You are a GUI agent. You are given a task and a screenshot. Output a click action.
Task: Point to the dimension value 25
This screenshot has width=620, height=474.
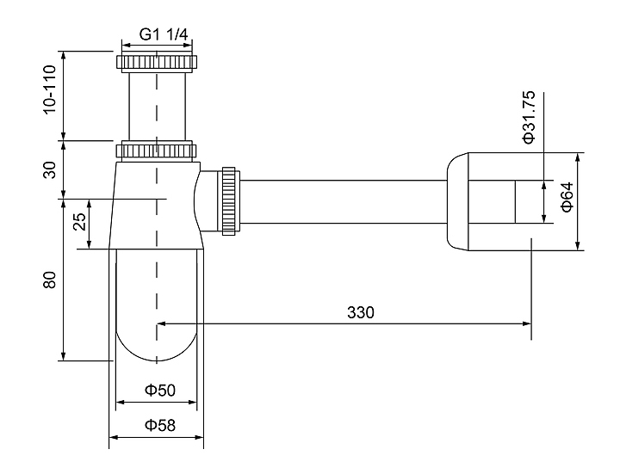[79, 223]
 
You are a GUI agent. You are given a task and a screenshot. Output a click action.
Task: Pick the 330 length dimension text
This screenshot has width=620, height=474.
[361, 311]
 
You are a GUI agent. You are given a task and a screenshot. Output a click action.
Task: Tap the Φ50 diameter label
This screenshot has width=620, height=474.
[159, 391]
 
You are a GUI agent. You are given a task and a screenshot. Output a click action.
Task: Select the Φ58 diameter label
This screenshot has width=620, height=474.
[159, 425]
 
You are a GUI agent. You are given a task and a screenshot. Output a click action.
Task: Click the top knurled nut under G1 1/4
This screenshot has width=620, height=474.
[158, 62]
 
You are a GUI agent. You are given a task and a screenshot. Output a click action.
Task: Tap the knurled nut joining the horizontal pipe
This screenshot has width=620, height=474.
[229, 200]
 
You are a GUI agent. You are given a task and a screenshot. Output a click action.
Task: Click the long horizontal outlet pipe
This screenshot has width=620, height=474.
[344, 201]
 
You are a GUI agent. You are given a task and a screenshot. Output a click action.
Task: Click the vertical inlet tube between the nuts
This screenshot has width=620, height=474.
[158, 104]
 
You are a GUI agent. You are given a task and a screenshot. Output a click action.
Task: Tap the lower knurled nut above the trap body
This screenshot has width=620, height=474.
[158, 151]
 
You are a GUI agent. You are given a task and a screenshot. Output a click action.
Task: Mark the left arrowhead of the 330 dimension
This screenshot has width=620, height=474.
[161, 324]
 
